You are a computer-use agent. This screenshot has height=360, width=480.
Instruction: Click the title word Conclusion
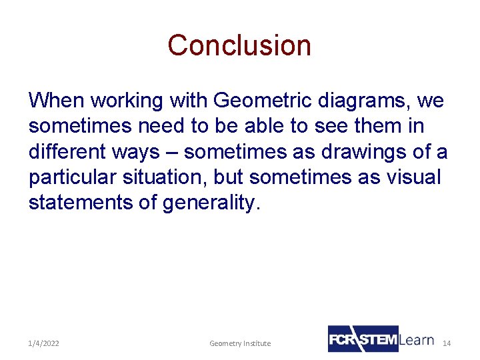tap(239, 45)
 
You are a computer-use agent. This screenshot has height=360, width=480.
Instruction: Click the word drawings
tap(364, 152)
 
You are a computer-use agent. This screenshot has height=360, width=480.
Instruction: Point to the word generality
tap(209, 203)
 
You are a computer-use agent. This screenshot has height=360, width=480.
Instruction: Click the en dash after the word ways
tap(171, 153)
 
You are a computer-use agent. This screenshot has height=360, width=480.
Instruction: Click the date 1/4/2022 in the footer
tap(43, 343)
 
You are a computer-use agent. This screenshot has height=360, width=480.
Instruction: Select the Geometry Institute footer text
tap(240, 343)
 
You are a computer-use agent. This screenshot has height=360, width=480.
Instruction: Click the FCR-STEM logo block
tap(363, 339)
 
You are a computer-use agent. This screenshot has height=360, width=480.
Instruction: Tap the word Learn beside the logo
tap(417, 340)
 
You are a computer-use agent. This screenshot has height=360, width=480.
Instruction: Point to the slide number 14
tap(447, 343)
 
